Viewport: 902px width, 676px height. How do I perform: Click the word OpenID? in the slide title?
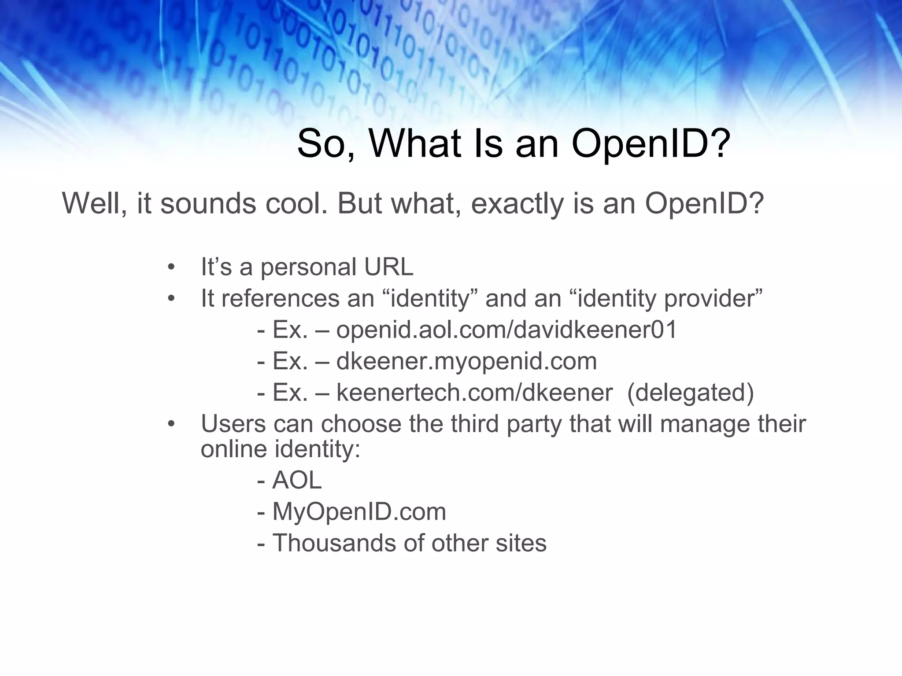tap(651, 144)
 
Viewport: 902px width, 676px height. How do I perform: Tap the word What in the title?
tap(424, 143)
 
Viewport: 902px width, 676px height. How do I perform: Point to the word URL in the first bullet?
tap(389, 267)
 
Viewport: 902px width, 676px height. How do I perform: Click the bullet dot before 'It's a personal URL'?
tap(171, 267)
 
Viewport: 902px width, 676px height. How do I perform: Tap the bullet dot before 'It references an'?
tap(171, 299)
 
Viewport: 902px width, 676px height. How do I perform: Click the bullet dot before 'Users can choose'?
tap(171, 424)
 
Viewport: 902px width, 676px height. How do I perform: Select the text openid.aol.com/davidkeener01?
tap(506, 330)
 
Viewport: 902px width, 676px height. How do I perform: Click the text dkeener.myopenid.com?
tap(466, 361)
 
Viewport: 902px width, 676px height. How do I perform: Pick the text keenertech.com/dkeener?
tap(474, 393)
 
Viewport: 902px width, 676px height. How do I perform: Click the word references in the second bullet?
tap(280, 298)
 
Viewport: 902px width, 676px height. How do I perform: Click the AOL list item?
tap(297, 480)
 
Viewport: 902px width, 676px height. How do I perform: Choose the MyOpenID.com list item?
tap(359, 512)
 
